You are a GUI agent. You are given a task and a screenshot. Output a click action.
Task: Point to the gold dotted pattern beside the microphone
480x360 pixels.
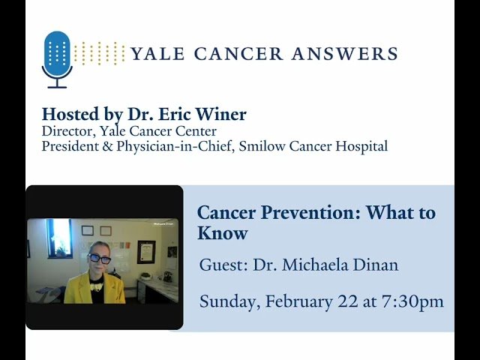click(x=100, y=53)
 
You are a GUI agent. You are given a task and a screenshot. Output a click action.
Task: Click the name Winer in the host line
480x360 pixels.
click(x=221, y=115)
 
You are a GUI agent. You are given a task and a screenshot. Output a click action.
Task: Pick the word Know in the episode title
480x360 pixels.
click(x=222, y=233)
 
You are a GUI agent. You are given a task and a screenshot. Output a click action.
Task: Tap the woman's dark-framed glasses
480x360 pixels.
click(x=99, y=259)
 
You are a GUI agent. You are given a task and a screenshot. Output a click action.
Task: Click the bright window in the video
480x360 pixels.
click(x=59, y=238)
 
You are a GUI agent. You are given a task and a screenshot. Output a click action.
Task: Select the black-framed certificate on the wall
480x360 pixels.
click(x=146, y=251)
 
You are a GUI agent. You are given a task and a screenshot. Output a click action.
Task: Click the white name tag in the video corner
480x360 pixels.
click(x=163, y=223)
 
